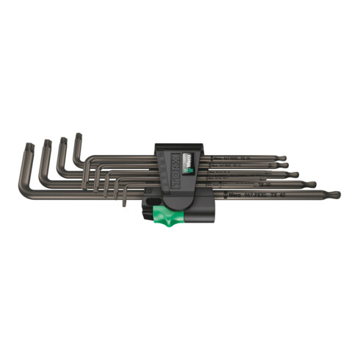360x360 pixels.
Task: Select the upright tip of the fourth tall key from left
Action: tap(77, 135)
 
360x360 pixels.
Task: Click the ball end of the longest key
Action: tap(334, 195)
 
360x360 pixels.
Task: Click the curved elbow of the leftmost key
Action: tap(24, 192)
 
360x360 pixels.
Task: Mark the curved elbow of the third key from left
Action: tap(60, 171)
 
